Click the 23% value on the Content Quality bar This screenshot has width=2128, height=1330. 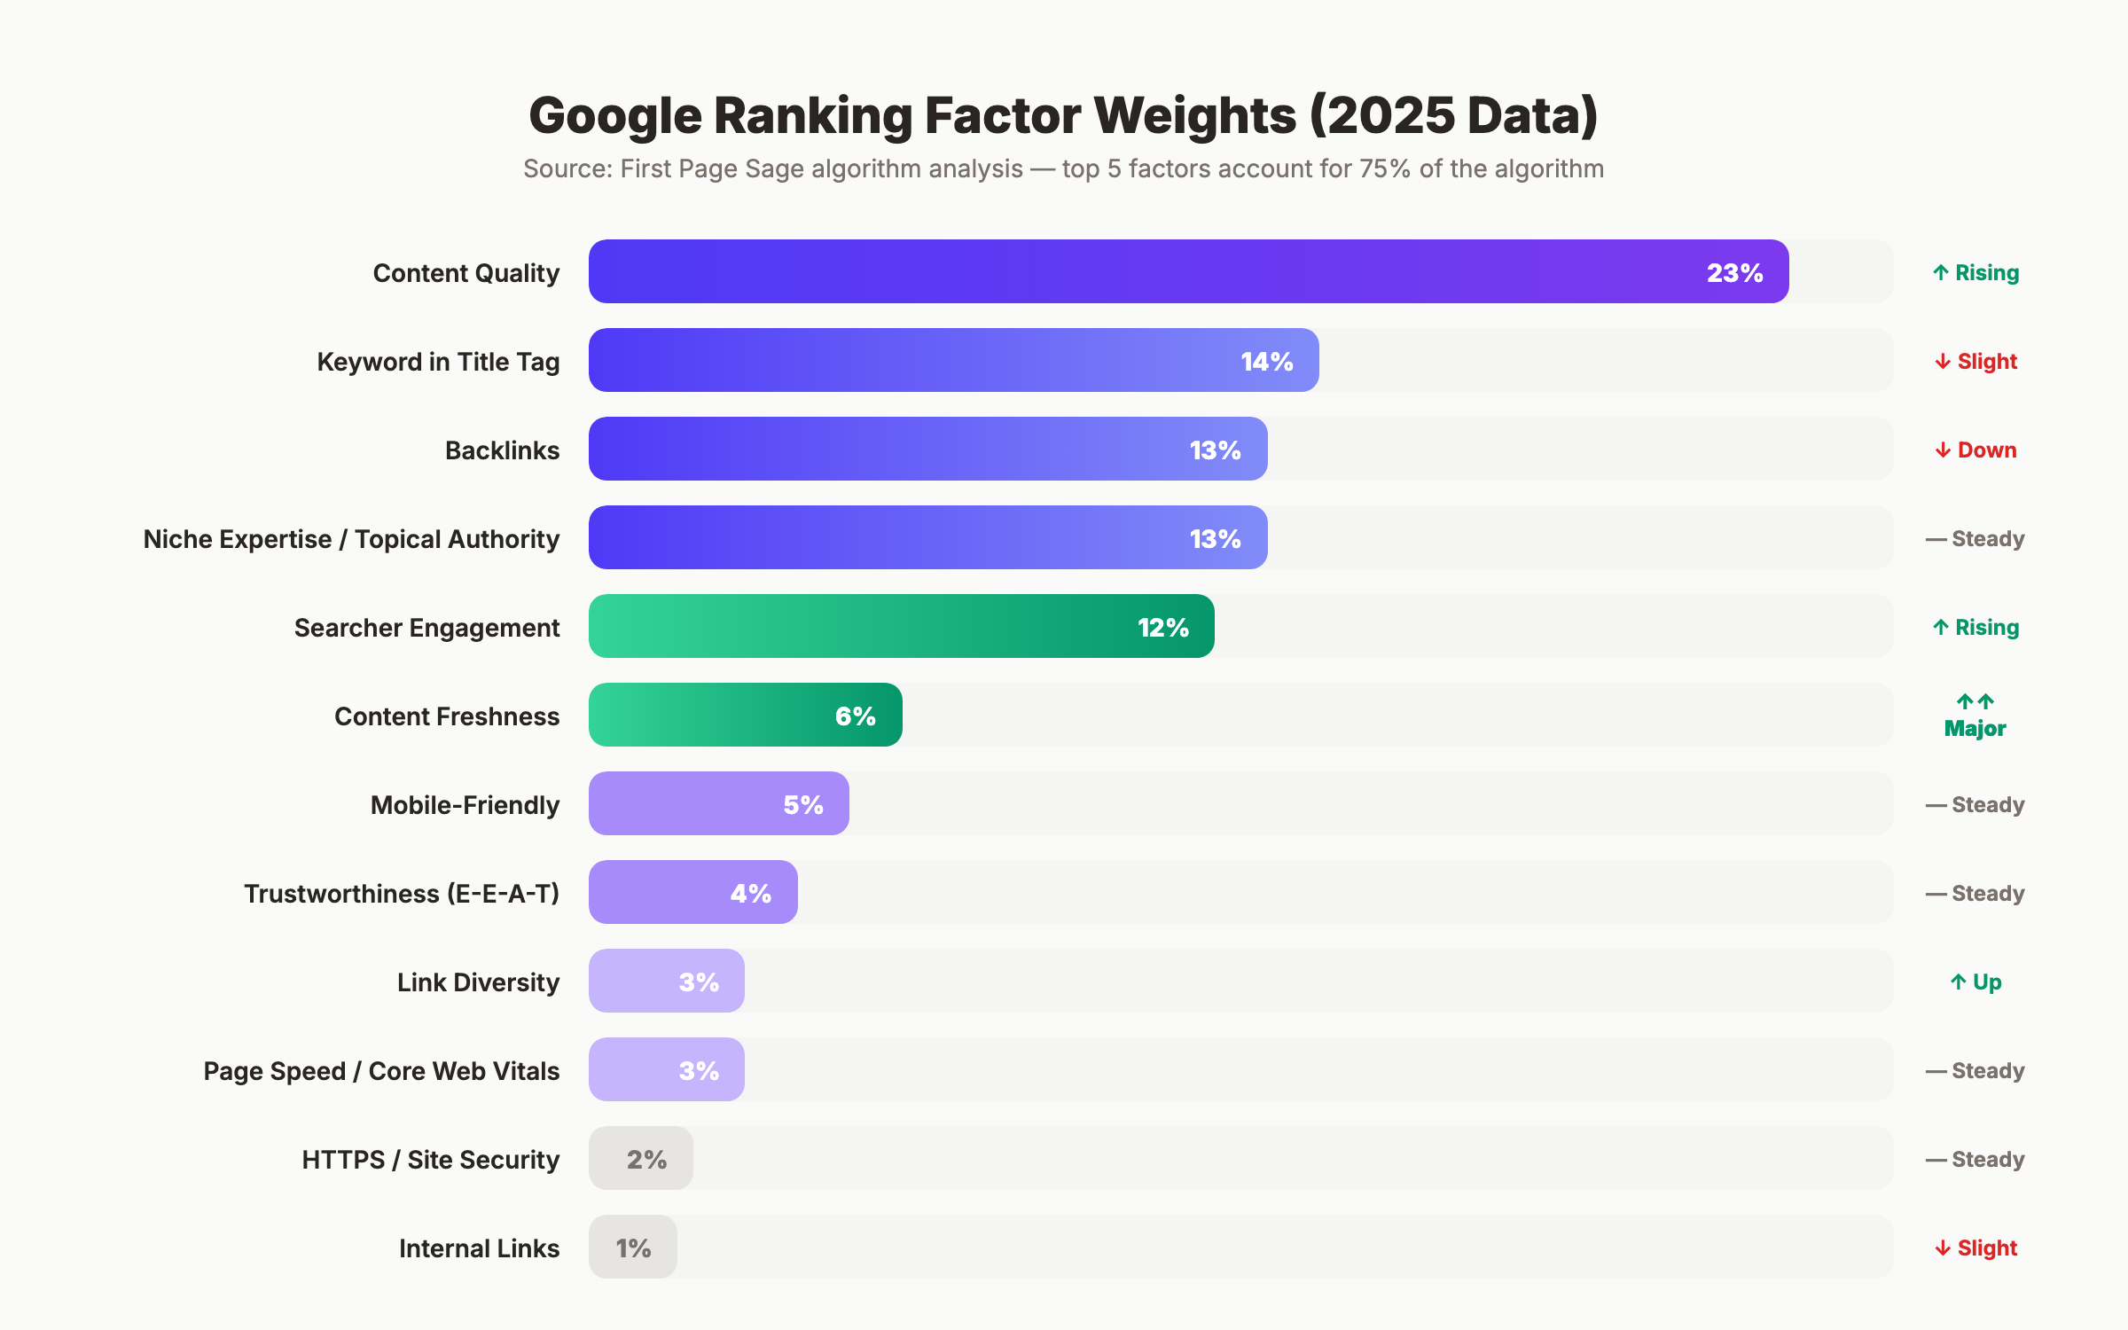click(1734, 272)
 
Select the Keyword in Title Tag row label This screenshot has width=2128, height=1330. click(438, 362)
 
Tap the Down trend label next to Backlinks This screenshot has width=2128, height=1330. click(1975, 450)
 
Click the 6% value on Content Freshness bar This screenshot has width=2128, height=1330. click(855, 716)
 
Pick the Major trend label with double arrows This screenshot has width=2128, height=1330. click(1975, 716)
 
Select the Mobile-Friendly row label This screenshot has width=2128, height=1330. click(465, 805)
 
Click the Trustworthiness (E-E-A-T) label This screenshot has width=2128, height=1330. click(402, 894)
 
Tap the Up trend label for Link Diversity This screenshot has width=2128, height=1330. click(1975, 982)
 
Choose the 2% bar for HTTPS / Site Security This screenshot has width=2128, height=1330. click(641, 1159)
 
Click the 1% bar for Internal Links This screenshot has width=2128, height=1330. click(633, 1248)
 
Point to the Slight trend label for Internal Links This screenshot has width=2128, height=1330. click(1975, 1248)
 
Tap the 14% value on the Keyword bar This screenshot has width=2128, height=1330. click(1266, 361)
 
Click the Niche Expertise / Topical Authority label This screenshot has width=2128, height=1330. click(351, 539)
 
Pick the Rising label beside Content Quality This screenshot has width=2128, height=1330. click(1975, 273)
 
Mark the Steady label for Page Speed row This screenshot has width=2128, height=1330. click(1975, 1071)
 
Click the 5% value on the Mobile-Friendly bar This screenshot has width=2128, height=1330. click(802, 804)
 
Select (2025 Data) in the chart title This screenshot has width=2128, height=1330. click(1453, 115)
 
